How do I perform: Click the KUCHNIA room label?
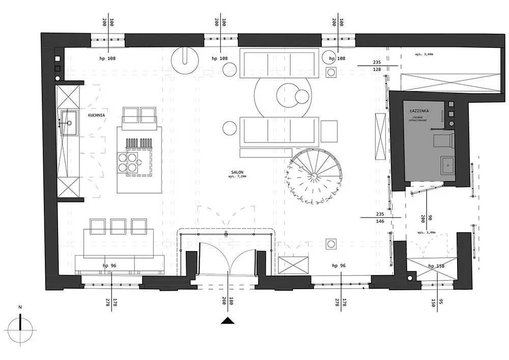[96, 116]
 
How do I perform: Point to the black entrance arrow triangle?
[228, 320]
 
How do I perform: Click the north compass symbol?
[20, 328]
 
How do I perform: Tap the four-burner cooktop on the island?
[128, 161]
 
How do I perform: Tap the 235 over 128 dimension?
[377, 66]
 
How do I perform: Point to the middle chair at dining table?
[118, 226]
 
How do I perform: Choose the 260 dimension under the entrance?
[224, 302]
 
